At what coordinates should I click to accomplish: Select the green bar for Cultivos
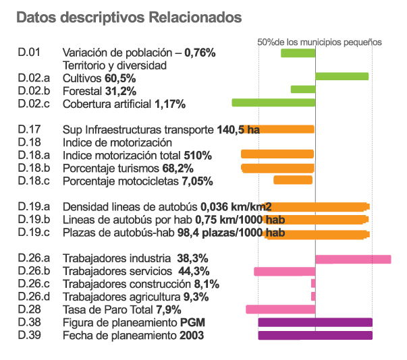click(342, 76)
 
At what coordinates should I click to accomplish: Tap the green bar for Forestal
click(302, 90)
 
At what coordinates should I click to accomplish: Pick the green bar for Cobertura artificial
click(273, 102)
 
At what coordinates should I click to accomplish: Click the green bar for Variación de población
click(298, 53)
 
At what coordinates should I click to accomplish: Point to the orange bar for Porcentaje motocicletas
click(293, 180)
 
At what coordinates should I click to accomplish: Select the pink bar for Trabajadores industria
click(353, 259)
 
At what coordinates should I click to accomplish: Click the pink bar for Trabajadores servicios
click(284, 272)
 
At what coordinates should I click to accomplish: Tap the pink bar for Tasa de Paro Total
click(280, 309)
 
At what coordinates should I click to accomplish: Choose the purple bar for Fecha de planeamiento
click(315, 335)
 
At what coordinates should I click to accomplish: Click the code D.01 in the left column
click(30, 53)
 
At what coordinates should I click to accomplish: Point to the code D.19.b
click(34, 219)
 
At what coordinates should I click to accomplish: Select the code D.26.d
click(34, 297)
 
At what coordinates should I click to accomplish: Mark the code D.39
click(30, 335)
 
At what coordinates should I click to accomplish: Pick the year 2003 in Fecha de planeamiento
click(192, 335)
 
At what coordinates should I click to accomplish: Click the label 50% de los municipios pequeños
click(320, 42)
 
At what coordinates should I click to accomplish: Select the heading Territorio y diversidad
click(114, 66)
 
